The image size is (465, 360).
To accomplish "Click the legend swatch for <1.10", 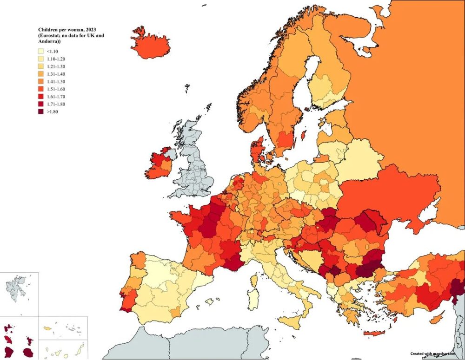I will click(41, 52).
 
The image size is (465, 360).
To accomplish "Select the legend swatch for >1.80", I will click(41, 111).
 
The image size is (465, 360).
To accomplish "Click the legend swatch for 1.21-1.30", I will click(41, 66).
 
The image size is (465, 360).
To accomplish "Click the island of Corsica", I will click(254, 280).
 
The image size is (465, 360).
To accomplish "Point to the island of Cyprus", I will click(436, 319).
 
